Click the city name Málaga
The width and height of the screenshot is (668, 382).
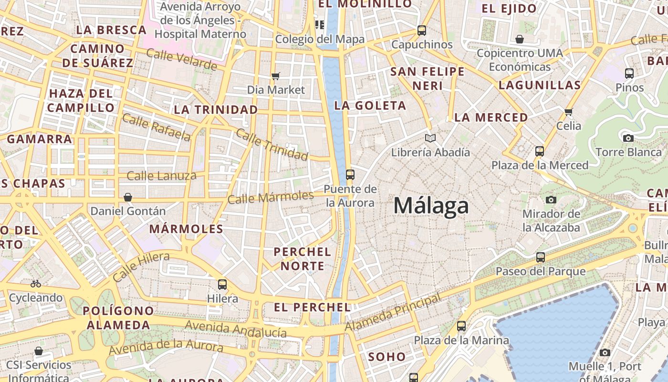click(431, 206)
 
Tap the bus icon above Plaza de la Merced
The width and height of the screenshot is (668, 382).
click(540, 151)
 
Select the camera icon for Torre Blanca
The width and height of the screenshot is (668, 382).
click(628, 138)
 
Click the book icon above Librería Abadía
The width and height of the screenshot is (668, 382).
click(430, 138)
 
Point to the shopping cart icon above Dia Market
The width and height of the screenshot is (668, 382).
click(275, 76)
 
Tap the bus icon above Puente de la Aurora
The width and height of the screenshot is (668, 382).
click(350, 175)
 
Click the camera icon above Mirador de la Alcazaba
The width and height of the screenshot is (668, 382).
click(551, 200)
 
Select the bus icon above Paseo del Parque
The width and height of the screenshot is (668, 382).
click(541, 257)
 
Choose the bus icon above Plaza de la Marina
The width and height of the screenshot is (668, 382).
click(461, 326)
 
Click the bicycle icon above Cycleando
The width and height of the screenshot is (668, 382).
click(35, 284)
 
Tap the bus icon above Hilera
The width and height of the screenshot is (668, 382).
click(222, 285)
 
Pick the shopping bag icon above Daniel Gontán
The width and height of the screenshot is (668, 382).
click(128, 197)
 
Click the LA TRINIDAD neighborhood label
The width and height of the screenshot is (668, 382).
click(216, 110)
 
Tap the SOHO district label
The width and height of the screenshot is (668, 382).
click(386, 357)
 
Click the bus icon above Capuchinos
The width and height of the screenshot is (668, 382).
click(422, 31)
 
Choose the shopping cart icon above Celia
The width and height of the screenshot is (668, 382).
click(568, 112)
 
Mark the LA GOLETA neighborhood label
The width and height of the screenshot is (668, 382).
click(370, 106)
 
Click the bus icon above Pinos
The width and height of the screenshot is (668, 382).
click(629, 74)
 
